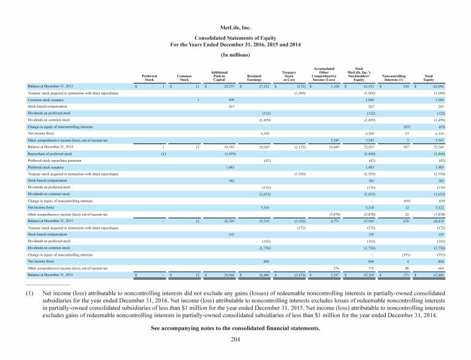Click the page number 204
(235, 339)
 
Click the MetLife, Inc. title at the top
(235, 28)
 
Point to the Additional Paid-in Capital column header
(219, 74)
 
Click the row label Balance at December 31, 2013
(47, 87)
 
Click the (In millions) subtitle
(235, 55)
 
